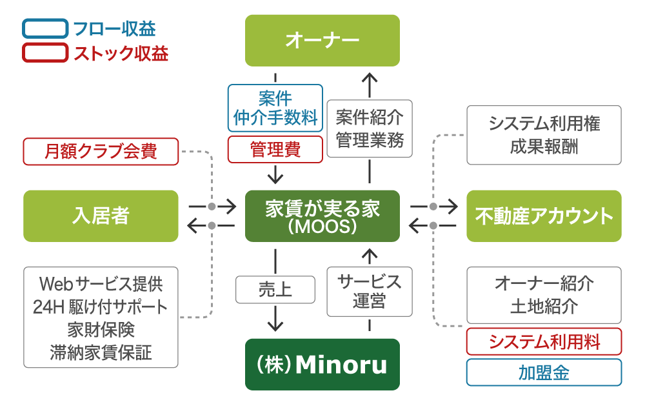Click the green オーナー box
coord(322,40)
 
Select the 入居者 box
coord(101,216)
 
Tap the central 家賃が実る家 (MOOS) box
coord(322,216)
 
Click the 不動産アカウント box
coord(544,216)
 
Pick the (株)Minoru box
coord(322,365)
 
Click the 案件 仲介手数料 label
coord(275,108)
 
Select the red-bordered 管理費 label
coord(275,149)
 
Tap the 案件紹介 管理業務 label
coord(369,128)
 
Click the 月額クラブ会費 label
coord(101,152)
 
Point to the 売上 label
coord(275,290)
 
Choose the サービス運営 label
coord(369,290)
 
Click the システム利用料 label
coord(544,341)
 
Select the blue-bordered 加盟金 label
coord(544,372)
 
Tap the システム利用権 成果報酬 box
coord(544,134)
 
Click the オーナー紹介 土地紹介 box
coord(544,294)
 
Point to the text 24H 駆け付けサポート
coord(101,307)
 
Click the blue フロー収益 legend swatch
coord(45,29)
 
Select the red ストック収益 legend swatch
coord(45,53)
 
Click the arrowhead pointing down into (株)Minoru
coord(275,323)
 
